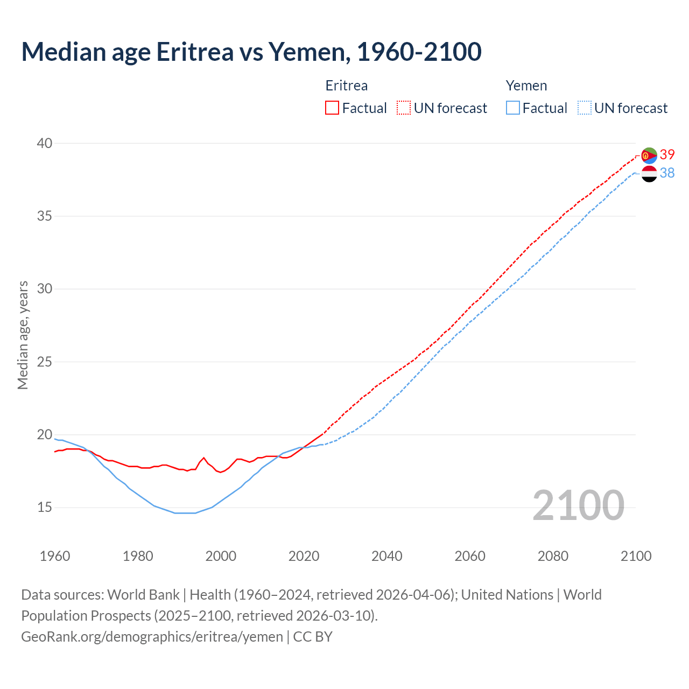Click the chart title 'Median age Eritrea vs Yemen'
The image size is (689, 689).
(251, 52)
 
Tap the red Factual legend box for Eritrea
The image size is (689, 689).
(332, 108)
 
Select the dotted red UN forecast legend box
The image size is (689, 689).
(404, 108)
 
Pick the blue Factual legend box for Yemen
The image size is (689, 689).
(513, 108)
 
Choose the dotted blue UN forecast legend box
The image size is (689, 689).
(585, 108)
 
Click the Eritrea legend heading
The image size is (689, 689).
(347, 86)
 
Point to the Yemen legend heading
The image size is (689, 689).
(526, 86)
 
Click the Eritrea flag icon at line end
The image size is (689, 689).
(649, 155)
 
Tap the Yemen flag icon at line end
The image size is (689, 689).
(649, 173)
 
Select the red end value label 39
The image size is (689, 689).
(667, 155)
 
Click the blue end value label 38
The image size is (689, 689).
(667, 173)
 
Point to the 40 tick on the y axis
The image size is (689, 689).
(45, 143)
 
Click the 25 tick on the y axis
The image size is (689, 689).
(45, 362)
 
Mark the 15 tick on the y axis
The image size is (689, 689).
(45, 507)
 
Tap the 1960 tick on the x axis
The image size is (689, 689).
(55, 556)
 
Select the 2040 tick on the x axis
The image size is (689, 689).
(387, 556)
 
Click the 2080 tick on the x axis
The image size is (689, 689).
(553, 556)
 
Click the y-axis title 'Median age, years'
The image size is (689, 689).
(23, 335)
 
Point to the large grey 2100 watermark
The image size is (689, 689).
(578, 505)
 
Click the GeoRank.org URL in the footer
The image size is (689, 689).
(152, 636)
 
